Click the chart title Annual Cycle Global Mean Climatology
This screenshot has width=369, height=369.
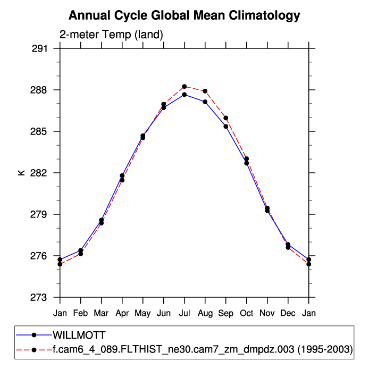184,16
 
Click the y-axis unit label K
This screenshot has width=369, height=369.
22,173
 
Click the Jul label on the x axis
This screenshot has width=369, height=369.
184,313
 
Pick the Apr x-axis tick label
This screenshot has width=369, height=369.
122,313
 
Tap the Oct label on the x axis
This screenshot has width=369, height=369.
247,313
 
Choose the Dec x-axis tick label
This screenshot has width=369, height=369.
288,313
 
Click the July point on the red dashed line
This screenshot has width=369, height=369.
184,87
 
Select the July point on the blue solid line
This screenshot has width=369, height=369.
184,95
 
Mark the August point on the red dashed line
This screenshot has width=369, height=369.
205,91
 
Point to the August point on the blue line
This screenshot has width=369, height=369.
205,102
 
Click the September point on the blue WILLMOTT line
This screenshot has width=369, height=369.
226,127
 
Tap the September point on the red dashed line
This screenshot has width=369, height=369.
226,118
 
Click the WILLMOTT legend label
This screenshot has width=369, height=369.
79,335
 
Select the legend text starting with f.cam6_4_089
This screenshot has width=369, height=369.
202,349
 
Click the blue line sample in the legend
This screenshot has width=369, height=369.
34,335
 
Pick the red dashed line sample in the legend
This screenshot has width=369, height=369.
34,349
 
